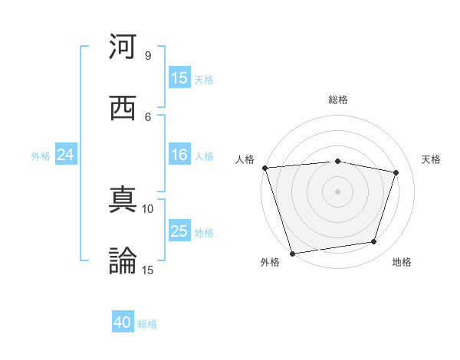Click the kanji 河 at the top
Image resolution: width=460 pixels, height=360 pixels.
(123, 47)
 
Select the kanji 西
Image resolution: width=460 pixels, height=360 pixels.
(123, 108)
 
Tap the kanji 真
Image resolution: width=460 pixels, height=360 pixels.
(123, 200)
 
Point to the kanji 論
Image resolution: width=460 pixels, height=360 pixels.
(123, 260)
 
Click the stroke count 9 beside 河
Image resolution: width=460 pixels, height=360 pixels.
(147, 56)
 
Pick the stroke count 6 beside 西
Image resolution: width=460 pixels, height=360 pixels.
(147, 116)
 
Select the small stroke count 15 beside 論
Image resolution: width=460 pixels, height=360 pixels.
(148, 270)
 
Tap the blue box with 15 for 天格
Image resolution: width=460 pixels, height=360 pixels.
(179, 78)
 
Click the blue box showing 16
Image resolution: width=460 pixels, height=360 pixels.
(179, 155)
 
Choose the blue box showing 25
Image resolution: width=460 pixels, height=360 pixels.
(179, 231)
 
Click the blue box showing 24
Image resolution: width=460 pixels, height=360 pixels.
(66, 155)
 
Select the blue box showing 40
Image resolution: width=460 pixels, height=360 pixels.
(123, 322)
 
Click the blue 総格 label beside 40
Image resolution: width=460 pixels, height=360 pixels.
(147, 324)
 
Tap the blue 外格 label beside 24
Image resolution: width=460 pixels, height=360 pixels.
(41, 156)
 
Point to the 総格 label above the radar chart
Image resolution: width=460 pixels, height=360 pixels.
(338, 100)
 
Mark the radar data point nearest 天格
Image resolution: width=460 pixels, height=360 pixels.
(396, 172)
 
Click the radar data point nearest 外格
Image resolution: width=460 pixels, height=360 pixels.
(292, 253)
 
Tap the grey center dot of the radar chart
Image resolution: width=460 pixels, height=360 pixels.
(338, 191)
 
